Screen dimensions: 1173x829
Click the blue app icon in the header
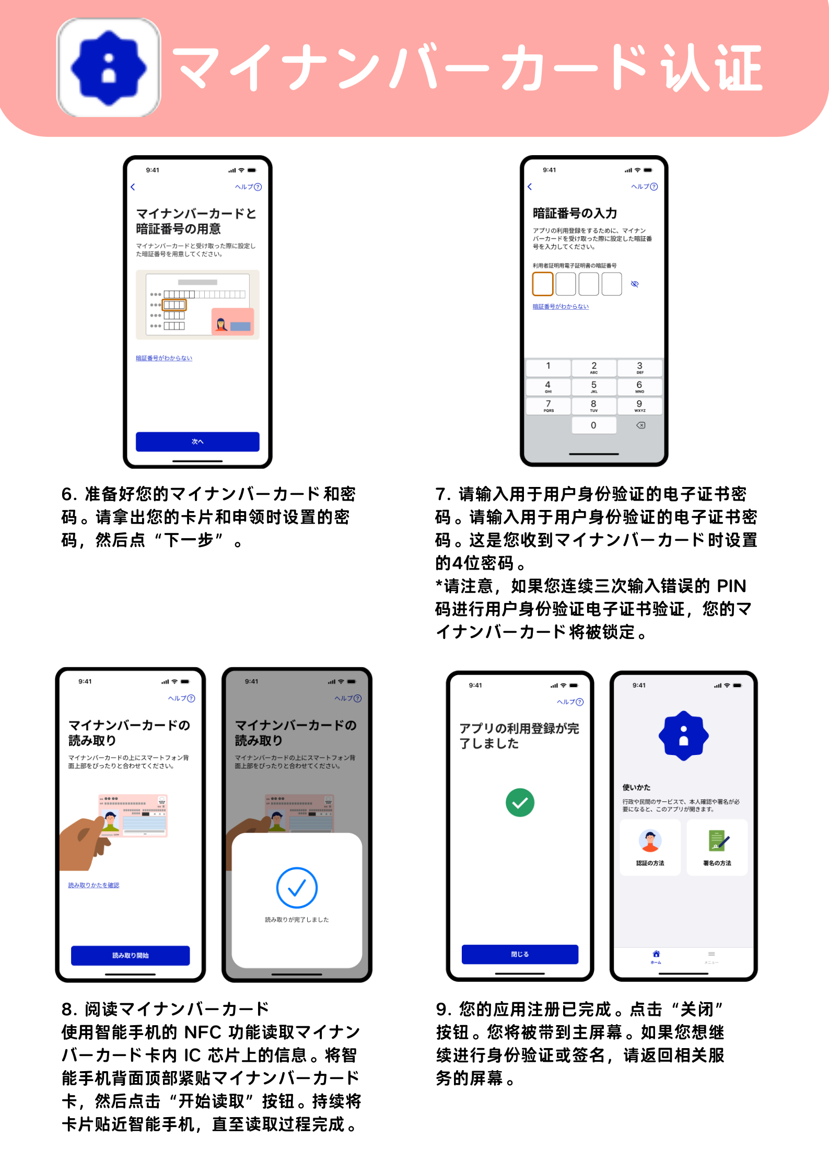[109, 67]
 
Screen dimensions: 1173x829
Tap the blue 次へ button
[197, 442]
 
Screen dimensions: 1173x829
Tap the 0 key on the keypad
[593, 425]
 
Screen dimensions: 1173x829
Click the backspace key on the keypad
[641, 425]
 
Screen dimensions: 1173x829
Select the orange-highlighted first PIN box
[543, 284]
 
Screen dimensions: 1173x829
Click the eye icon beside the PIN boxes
[635, 284]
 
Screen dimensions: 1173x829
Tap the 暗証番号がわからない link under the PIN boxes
[561, 307]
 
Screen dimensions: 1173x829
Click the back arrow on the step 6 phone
[133, 187]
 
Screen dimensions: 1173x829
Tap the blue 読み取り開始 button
[131, 955]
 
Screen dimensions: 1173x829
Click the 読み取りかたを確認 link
[94, 885]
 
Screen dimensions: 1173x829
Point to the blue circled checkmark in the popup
[297, 888]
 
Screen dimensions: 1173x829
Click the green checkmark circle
[520, 803]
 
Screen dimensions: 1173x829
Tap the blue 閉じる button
[520, 954]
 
